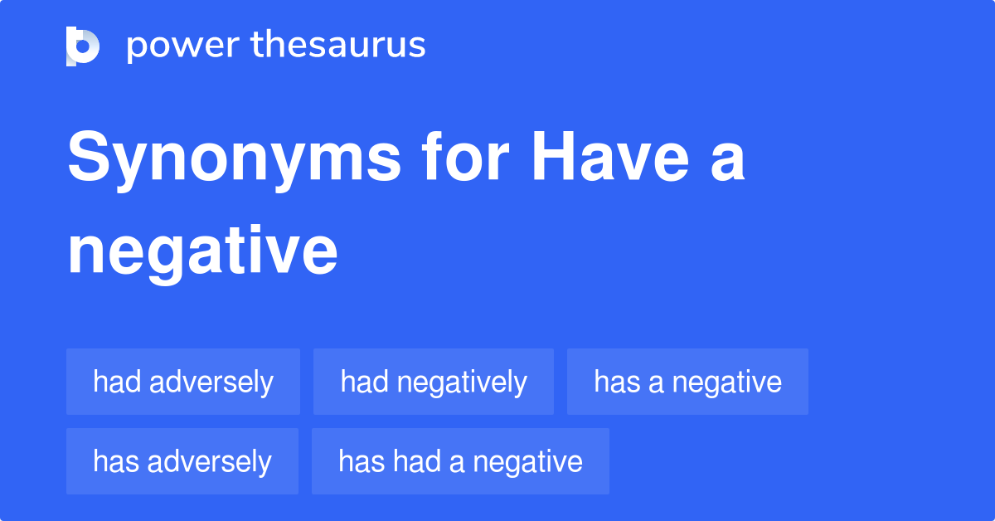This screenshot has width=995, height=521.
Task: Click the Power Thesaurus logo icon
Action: (83, 46)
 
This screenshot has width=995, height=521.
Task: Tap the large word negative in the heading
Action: (202, 252)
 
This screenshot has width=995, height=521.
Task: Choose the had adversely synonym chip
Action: (182, 382)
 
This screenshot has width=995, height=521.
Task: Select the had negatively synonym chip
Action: (433, 382)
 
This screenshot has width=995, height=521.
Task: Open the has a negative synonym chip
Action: (687, 382)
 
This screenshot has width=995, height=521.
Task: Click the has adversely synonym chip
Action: (182, 461)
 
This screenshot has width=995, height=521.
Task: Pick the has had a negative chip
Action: (460, 461)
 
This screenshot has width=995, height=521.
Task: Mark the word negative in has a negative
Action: (727, 382)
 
